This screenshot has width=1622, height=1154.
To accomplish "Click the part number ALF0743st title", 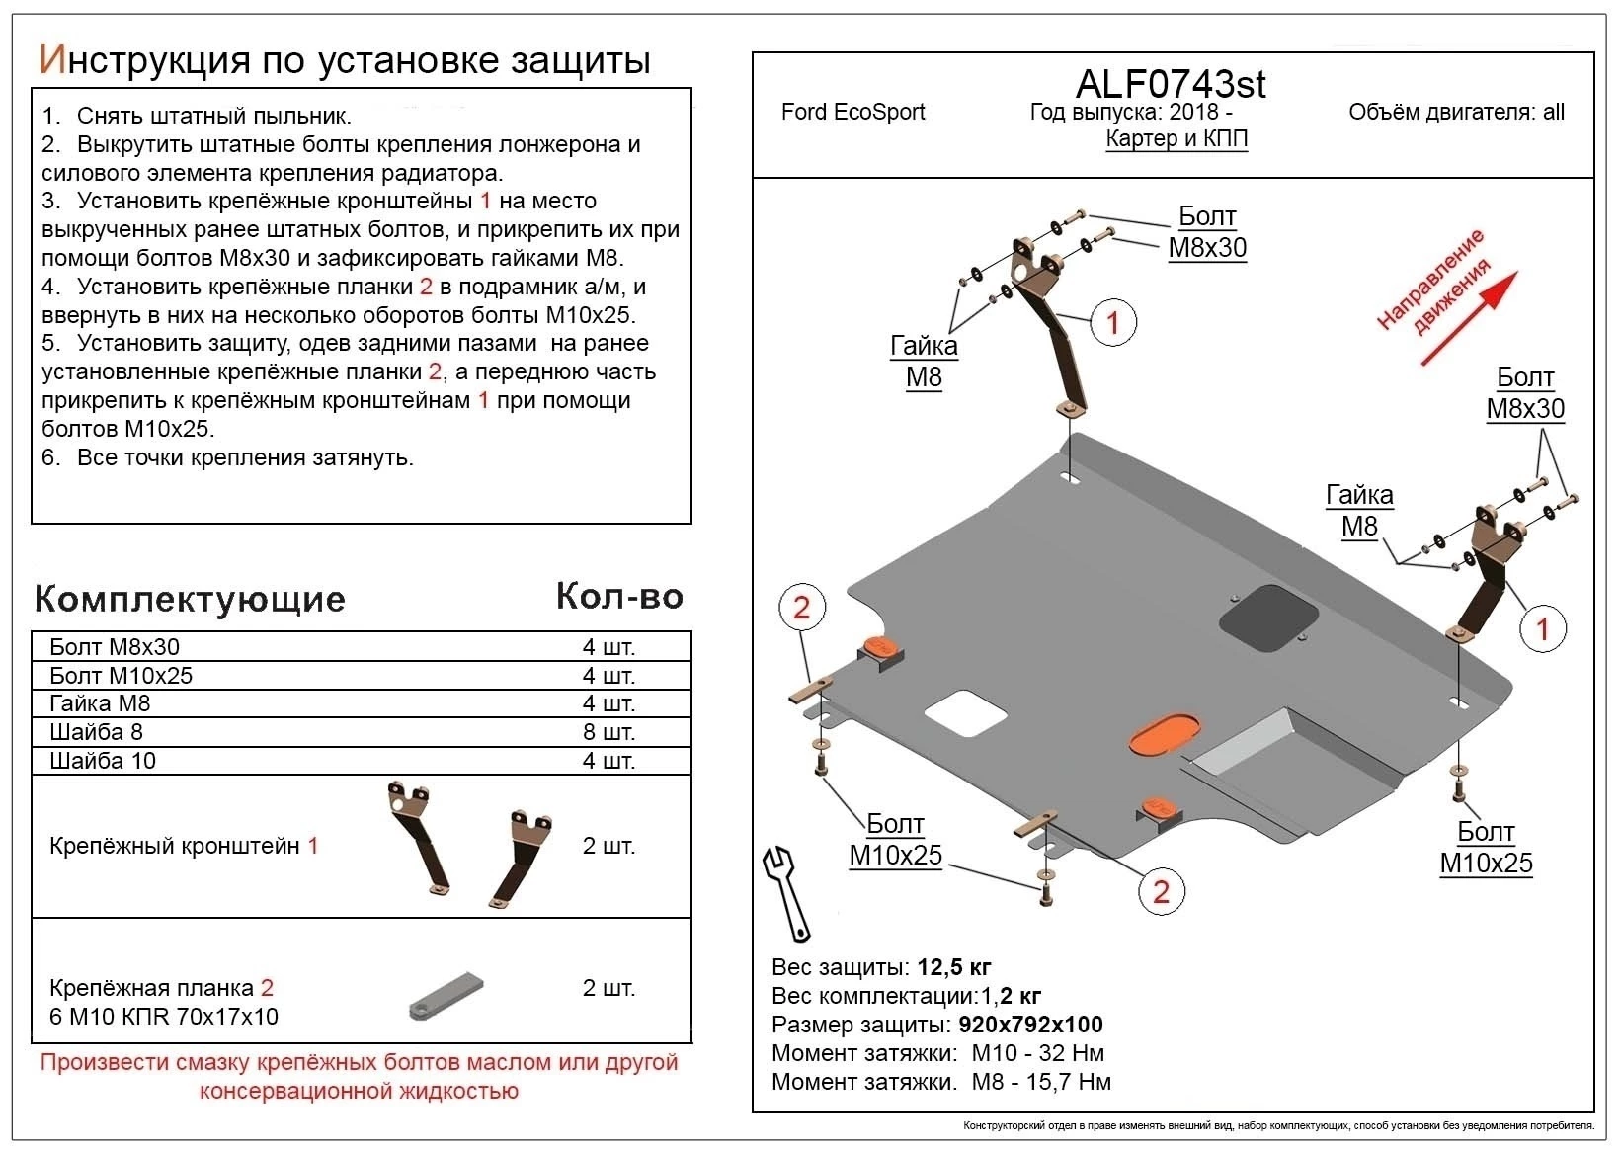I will (1170, 84).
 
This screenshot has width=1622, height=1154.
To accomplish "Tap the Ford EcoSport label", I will (852, 112).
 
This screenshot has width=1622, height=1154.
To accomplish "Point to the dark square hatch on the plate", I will (1268, 618).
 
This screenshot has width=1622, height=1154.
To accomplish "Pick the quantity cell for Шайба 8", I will (608, 732).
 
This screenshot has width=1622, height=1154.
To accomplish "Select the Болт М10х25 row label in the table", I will (121, 676).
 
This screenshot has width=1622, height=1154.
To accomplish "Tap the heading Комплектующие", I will (190, 599).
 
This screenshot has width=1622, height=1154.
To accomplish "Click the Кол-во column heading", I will (619, 596).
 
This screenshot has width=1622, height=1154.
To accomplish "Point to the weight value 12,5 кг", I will (954, 967).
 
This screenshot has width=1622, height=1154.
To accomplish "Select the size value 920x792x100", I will (1030, 1025).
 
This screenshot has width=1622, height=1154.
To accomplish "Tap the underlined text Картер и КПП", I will (1176, 138).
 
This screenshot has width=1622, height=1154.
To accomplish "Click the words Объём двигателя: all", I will (1456, 112).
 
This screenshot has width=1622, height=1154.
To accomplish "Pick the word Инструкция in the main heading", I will (143, 60).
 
